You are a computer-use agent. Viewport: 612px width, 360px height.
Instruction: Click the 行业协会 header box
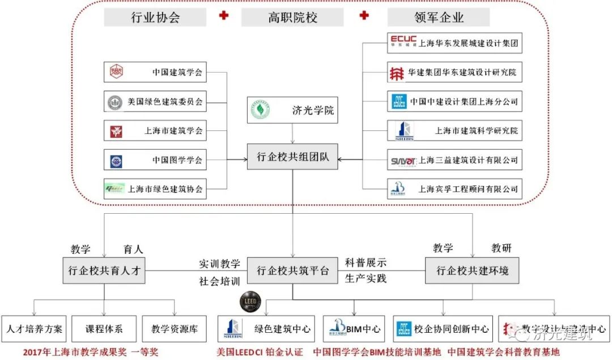click(155, 18)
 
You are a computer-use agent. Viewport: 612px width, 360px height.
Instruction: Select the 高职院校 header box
click(292, 18)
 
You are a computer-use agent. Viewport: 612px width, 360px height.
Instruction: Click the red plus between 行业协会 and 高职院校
click(224, 15)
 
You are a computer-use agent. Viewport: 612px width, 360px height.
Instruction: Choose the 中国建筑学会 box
click(155, 73)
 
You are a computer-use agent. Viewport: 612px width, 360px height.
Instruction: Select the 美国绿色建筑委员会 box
click(155, 102)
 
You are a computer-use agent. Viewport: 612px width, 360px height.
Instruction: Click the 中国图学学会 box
click(155, 160)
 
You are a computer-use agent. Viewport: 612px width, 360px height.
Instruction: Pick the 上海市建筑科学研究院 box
click(454, 131)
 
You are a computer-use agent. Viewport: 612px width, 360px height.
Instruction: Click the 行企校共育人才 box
click(104, 270)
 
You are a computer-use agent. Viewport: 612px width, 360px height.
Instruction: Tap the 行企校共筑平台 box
click(292, 270)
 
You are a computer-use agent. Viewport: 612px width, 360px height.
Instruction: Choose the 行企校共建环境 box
click(472, 270)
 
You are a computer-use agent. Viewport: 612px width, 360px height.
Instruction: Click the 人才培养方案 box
click(35, 329)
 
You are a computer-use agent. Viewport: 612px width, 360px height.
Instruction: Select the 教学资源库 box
click(175, 329)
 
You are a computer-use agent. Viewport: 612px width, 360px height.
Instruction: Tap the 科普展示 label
click(365, 263)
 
